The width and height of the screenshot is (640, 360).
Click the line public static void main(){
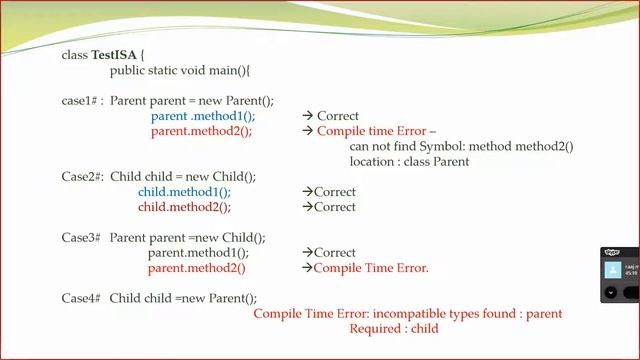pos(180,71)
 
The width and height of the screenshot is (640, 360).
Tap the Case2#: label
pos(83,177)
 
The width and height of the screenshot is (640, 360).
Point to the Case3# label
pos(82,238)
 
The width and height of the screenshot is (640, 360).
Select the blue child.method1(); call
pos(184,192)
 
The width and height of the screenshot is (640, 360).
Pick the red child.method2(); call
pos(184,207)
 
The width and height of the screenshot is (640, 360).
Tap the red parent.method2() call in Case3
pos(196,268)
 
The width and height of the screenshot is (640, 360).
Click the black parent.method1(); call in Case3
pos(198,253)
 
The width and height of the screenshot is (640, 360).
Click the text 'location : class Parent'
pos(409,161)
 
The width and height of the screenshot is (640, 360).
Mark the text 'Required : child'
pos(393,328)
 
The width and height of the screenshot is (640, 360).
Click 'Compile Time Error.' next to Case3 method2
pos(371,268)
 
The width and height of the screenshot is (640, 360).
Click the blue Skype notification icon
pos(610,270)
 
